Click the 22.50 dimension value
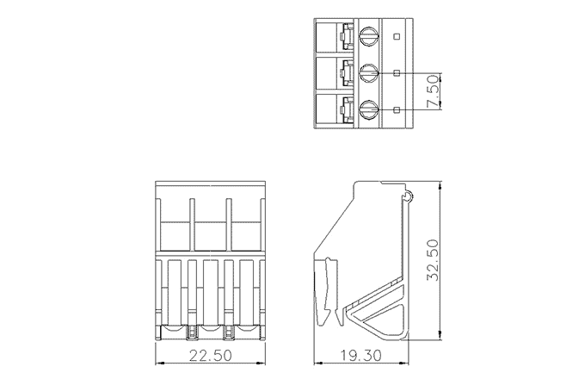click(x=210, y=355)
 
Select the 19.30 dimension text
click(x=360, y=355)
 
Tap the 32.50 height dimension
click(x=433, y=260)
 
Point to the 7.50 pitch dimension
click(x=433, y=91)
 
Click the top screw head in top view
click(x=369, y=36)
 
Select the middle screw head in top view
click(x=369, y=73)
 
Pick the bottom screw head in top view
click(x=369, y=109)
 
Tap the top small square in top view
click(x=397, y=36)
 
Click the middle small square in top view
click(x=397, y=73)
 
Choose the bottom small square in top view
click(x=397, y=109)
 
